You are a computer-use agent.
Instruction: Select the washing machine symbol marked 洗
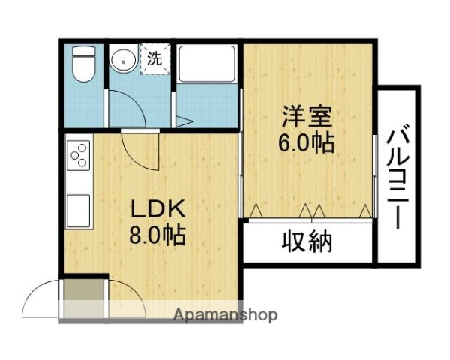tap(154, 59)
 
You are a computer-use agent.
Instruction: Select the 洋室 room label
tap(307, 118)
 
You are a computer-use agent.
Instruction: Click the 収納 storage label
tap(307, 241)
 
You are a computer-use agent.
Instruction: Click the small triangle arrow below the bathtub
tap(184, 121)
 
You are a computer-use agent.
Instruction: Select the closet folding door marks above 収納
tap(309, 211)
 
